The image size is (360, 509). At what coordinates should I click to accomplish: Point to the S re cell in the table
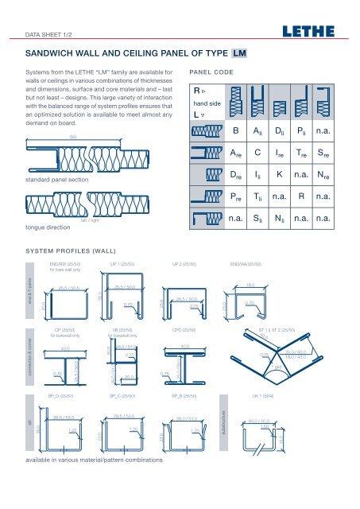(325, 151)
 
